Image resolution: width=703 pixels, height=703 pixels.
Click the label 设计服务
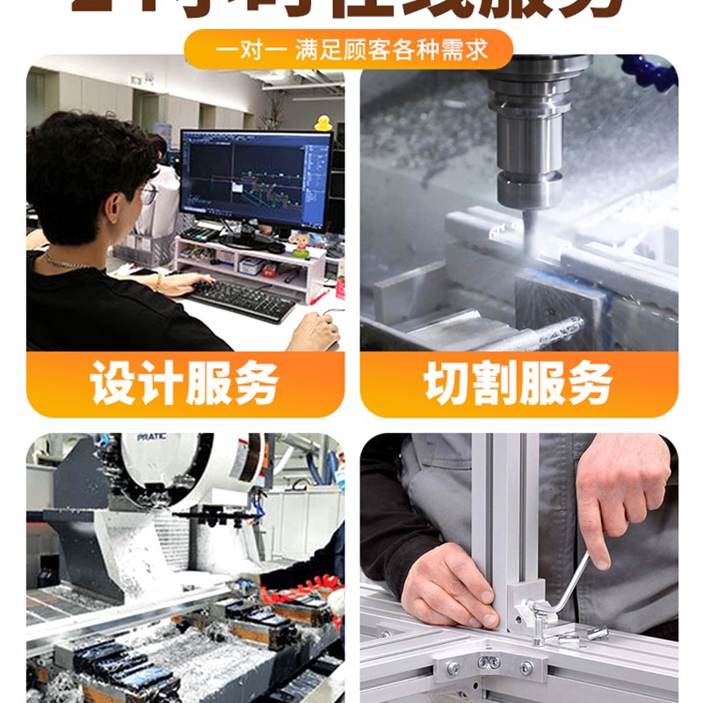coord(185,384)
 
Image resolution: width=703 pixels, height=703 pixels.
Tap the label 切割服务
coord(518,384)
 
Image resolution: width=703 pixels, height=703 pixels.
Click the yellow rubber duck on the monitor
coord(323,122)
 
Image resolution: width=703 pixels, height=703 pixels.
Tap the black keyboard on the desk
coord(242,299)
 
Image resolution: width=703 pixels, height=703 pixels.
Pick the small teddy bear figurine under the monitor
coord(301,243)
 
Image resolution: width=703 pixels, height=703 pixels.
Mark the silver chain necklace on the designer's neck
coord(66,262)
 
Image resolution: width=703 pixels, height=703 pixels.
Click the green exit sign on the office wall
coord(134,80)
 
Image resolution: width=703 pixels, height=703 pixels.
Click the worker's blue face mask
coord(339,479)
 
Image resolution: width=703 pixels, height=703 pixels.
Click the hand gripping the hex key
coord(620,492)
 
